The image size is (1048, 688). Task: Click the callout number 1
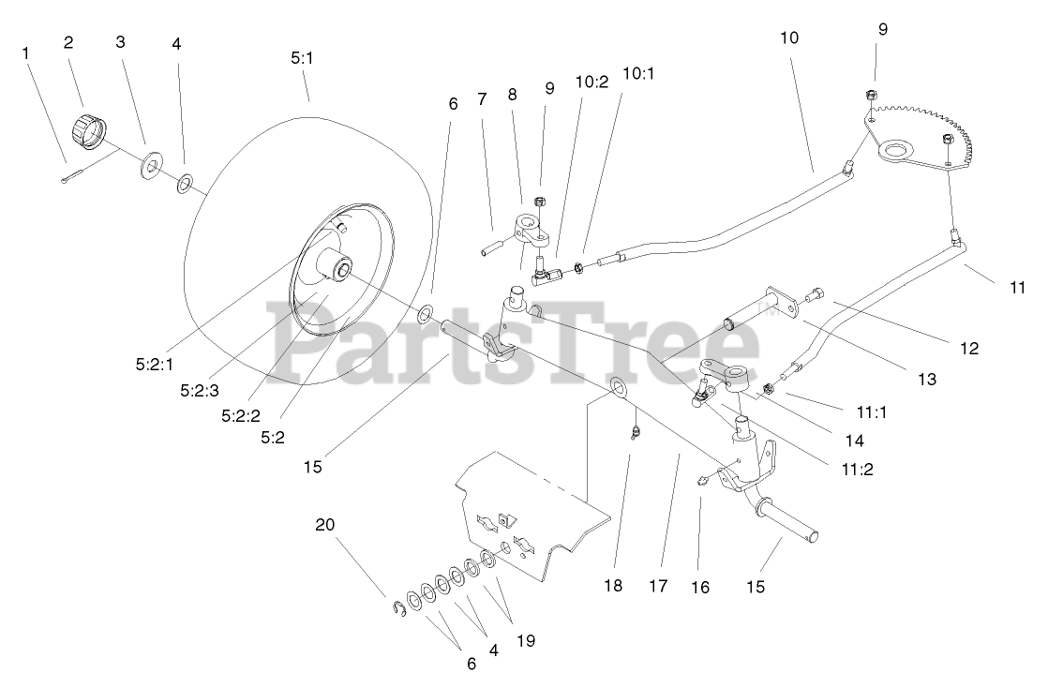pyautogui.click(x=26, y=53)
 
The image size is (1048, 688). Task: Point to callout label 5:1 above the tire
pyautogui.click(x=301, y=58)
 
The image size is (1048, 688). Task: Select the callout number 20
pyautogui.click(x=324, y=525)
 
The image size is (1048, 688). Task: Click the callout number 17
pyautogui.click(x=657, y=586)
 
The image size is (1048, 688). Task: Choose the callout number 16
pyautogui.click(x=700, y=587)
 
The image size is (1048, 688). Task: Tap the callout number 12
pyautogui.click(x=969, y=348)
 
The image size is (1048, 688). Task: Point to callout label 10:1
pyautogui.click(x=638, y=74)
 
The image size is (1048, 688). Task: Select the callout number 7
pyautogui.click(x=482, y=98)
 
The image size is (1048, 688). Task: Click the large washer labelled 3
pyautogui.click(x=149, y=169)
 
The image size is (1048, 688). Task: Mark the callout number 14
pyautogui.click(x=853, y=440)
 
